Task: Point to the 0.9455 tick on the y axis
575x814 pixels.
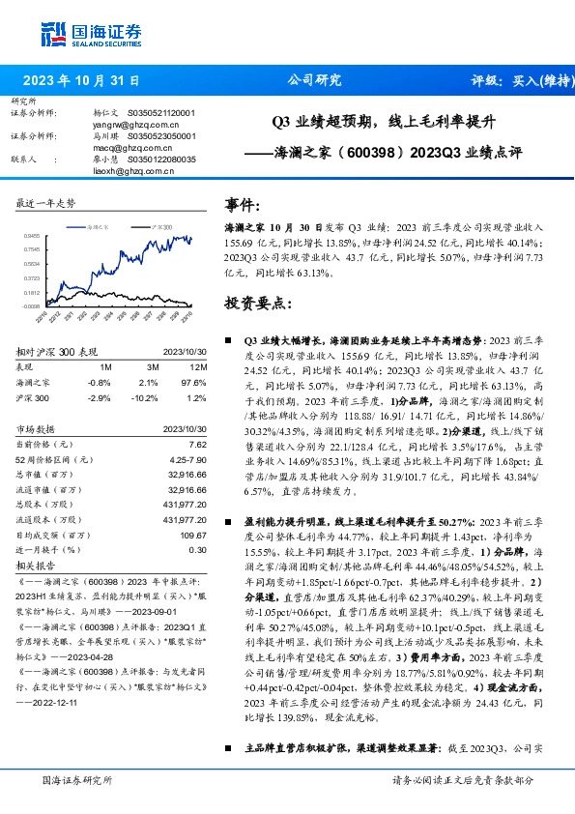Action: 32,235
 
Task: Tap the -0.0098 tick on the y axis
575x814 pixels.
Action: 31,305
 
